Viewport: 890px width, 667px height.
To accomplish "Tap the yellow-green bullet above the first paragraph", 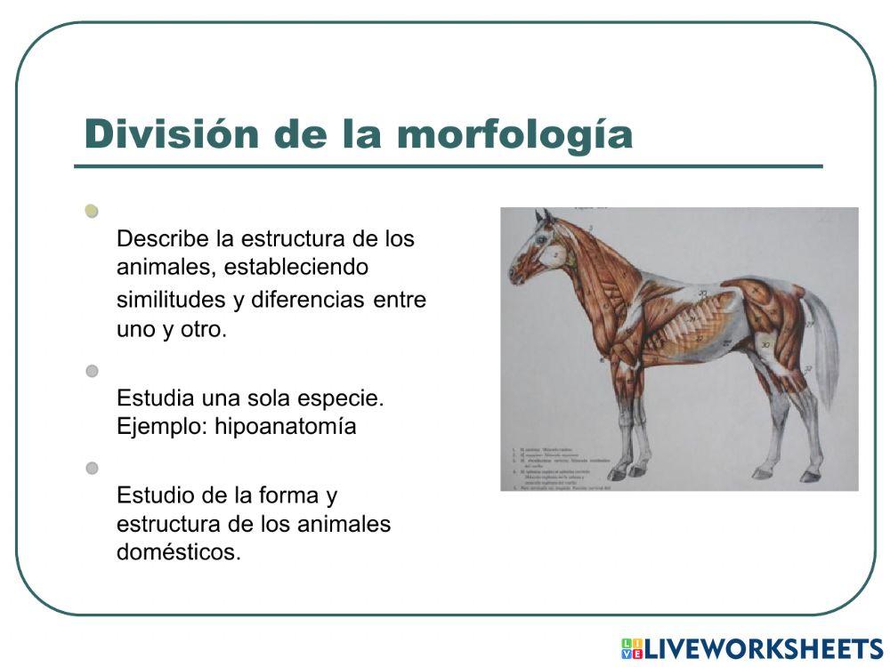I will point(92,211).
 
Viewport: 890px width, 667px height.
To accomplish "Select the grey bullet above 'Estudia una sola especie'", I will point(92,370).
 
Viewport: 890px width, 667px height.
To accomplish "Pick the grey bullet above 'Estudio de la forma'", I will point(92,468).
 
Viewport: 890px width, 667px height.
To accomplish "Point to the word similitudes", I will point(172,300).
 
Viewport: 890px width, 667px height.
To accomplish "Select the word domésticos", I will point(178,551).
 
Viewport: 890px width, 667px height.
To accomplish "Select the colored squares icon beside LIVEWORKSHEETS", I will point(631,648).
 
